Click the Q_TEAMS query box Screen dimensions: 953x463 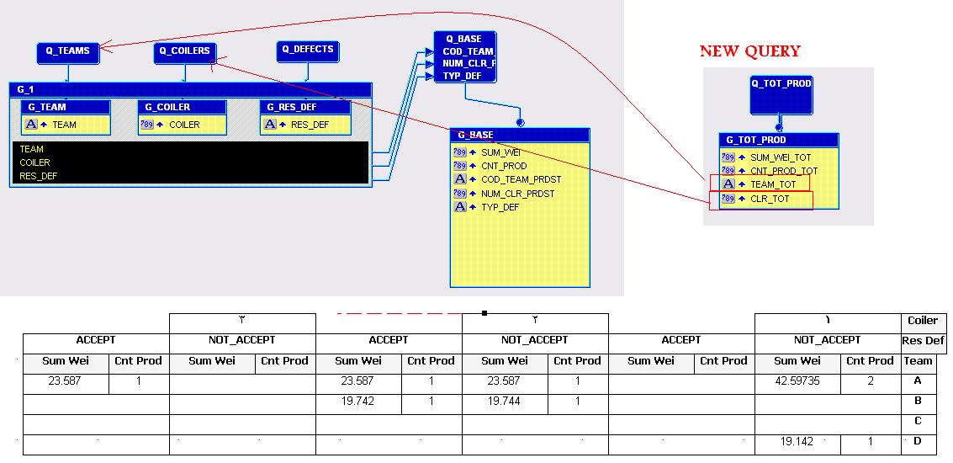(67, 53)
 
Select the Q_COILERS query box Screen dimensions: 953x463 (185, 53)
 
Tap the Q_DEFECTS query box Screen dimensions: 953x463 (308, 51)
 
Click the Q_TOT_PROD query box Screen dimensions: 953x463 (781, 95)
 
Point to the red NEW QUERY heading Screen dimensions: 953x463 (750, 51)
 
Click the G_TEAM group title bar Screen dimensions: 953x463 (66, 107)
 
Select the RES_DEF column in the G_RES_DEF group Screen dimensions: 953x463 (310, 125)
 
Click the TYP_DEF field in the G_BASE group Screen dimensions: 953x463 (500, 207)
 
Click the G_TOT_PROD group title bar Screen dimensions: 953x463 (779, 140)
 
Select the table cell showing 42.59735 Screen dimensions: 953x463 (797, 381)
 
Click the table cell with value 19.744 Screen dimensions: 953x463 (505, 402)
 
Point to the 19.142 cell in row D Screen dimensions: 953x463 (797, 442)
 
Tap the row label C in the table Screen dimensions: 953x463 (918, 421)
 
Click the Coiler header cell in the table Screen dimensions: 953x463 (923, 321)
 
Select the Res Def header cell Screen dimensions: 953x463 (923, 341)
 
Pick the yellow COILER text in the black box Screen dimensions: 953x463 (34, 162)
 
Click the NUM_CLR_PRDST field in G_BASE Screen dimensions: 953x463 (518, 194)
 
